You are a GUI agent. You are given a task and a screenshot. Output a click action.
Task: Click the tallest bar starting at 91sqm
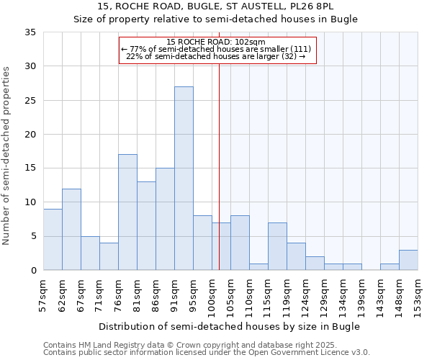pyautogui.click(x=184, y=179)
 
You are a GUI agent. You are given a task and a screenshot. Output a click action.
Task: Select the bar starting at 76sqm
pyautogui.click(x=127, y=212)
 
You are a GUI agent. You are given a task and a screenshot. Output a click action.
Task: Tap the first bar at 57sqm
pyautogui.click(x=53, y=239)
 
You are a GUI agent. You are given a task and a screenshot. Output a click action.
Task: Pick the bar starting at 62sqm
pyautogui.click(x=71, y=229)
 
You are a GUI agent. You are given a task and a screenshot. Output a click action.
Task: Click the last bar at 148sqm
pyautogui.click(x=408, y=260)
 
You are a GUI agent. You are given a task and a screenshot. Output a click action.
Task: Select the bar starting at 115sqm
pyautogui.click(x=277, y=246)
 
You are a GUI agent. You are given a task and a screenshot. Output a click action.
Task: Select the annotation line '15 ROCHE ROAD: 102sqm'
pyautogui.click(x=216, y=42)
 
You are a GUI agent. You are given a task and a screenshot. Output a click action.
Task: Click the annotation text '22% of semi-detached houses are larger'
pyautogui.click(x=216, y=55)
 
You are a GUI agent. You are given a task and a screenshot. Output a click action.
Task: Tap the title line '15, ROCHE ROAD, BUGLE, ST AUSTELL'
pyautogui.click(x=216, y=6)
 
